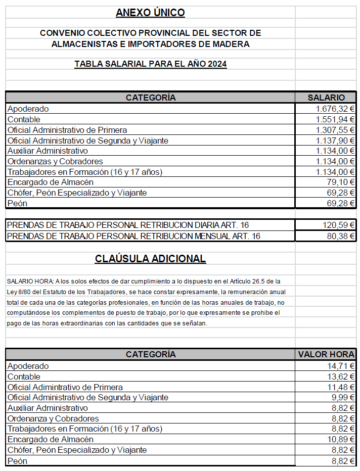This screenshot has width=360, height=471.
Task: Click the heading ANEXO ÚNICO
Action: coord(150,13)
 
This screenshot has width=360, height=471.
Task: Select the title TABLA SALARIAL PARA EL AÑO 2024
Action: coord(150,64)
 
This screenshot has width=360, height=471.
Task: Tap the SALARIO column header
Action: coord(326,98)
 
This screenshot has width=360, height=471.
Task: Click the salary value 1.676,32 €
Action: coord(335,109)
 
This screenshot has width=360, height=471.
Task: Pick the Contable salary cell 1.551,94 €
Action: coord(335,119)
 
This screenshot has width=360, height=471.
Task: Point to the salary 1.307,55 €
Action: coord(335,130)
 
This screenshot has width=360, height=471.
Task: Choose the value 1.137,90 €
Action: coord(335,140)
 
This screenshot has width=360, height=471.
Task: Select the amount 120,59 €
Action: coord(338,225)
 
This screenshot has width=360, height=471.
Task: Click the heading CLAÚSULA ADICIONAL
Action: coord(150,259)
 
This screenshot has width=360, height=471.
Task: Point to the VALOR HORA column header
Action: coord(326,354)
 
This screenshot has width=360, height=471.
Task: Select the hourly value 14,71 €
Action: coord(340,366)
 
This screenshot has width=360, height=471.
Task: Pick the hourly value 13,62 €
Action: coord(340,376)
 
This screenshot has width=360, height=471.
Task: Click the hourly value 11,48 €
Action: coord(340,387)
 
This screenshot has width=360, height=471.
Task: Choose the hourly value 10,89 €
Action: coord(340,440)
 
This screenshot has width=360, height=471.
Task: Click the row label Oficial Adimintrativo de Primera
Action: coord(65,387)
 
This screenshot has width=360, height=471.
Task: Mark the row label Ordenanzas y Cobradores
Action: coord(55,162)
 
